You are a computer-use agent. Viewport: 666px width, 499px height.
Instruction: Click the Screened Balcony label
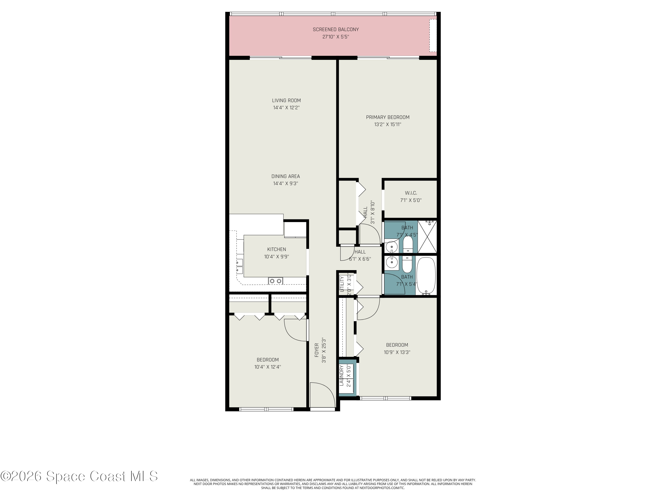[x=336, y=29]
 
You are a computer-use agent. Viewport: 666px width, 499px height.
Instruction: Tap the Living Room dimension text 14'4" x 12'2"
[x=286, y=108]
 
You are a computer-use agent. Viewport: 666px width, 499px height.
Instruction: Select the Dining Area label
[x=285, y=176]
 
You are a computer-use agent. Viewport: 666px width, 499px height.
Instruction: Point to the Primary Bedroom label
[x=387, y=117]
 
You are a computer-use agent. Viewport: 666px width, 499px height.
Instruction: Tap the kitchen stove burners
[x=276, y=281]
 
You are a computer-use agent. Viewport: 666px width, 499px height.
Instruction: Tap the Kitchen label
[x=277, y=249]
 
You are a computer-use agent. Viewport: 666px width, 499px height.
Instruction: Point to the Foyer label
[x=317, y=350]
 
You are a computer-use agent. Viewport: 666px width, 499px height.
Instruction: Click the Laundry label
[x=341, y=375]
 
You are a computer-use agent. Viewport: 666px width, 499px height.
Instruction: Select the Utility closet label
[x=342, y=284]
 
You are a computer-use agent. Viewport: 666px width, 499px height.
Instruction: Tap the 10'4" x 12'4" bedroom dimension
[x=268, y=367]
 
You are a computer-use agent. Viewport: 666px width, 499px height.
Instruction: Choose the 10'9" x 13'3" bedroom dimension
[x=397, y=352]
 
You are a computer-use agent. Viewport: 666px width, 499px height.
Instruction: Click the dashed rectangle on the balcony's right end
[x=433, y=35]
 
